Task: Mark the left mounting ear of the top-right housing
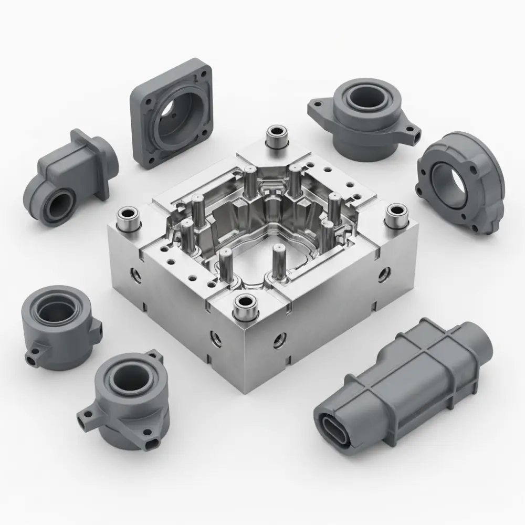(317, 108)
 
